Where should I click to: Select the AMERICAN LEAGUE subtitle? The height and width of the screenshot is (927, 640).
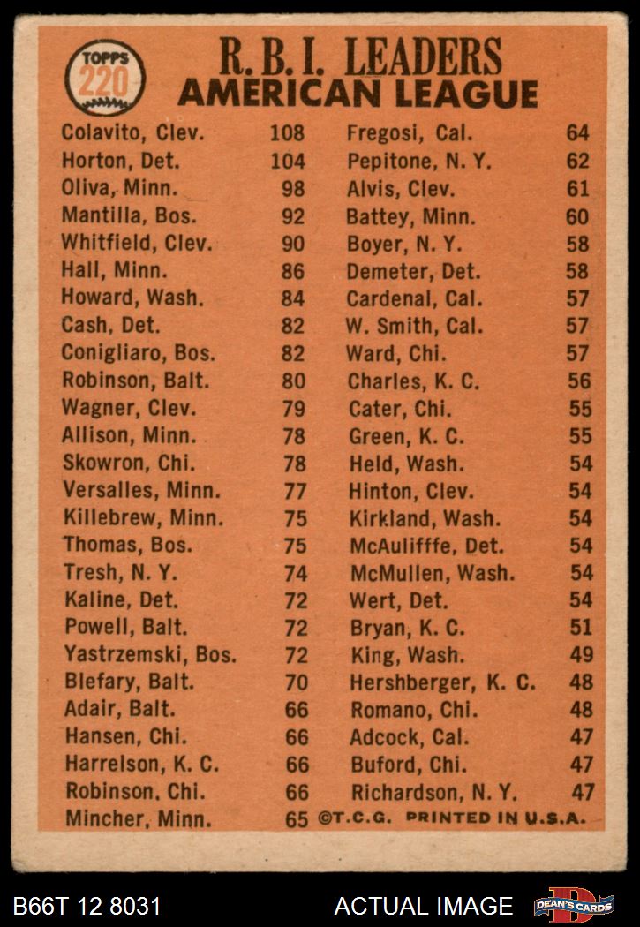(358, 94)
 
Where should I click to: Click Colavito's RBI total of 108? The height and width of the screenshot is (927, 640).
(287, 133)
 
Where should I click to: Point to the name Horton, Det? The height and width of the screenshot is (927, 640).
(121, 161)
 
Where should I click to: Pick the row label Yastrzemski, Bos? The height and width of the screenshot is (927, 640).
(150, 655)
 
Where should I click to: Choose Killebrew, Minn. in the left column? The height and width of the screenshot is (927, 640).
(144, 518)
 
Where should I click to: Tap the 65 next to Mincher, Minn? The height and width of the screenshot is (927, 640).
(297, 819)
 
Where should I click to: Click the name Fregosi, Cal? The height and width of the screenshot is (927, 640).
(410, 134)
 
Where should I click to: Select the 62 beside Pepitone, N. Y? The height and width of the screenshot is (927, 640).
(578, 162)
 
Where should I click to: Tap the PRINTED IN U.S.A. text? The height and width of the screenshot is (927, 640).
(495, 818)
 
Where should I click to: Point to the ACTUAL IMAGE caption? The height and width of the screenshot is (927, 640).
(423, 906)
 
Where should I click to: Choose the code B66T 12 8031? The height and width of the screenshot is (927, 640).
(87, 906)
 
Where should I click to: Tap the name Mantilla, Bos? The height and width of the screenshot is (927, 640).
(130, 215)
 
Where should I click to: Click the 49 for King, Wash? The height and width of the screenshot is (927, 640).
(580, 655)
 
